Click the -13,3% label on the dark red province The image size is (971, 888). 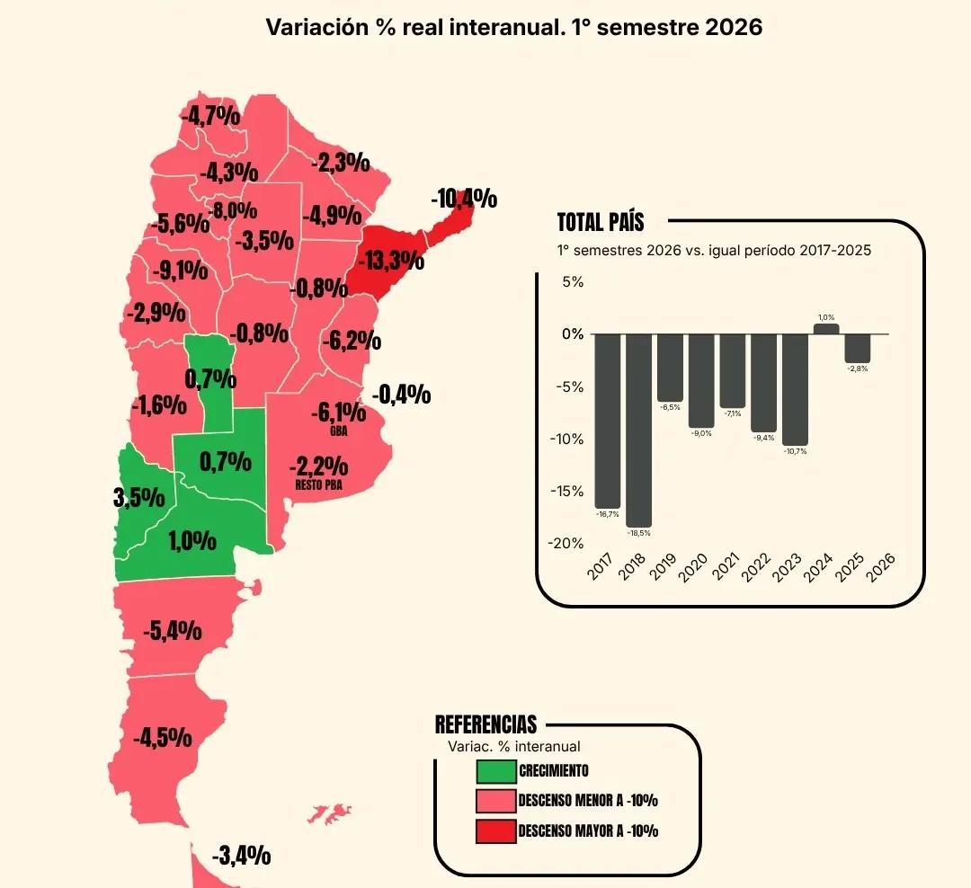391,261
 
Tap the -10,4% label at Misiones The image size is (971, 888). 464,199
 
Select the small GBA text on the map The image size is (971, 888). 339,431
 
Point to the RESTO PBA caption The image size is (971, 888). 318,484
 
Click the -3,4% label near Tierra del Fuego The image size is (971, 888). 242,856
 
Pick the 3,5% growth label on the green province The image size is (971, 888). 139,497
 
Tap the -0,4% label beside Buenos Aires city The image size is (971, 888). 401,395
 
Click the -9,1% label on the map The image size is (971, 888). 180,270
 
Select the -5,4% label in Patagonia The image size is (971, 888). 172,631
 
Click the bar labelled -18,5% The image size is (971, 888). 638,431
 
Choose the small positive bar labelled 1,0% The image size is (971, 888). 826,329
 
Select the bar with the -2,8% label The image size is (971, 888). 858,349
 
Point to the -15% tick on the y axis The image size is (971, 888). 566,491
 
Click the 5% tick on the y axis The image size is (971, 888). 573,281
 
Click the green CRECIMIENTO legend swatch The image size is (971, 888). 496,771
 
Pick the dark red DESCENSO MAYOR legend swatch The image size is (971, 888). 496,831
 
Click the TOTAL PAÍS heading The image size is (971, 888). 601,222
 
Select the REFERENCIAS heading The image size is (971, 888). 486,724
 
